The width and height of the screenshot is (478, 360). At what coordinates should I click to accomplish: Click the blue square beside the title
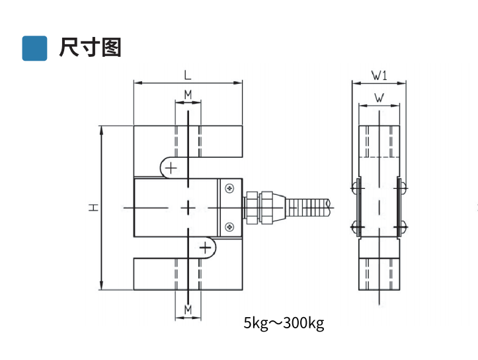pos(34,48)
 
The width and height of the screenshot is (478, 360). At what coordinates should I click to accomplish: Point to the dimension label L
pos(187,75)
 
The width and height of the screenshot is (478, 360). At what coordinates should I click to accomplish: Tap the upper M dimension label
pos(188,94)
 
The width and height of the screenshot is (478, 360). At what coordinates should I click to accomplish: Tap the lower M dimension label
pos(188,308)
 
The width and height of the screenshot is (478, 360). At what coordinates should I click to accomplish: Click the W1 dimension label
pos(379,75)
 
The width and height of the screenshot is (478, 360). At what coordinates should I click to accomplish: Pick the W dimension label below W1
pos(379,98)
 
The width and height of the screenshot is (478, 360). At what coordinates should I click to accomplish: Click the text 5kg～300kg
pos(284,323)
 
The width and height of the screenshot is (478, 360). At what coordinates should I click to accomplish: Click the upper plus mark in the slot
pos(171,167)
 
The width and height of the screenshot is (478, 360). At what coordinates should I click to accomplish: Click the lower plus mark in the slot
pos(206,248)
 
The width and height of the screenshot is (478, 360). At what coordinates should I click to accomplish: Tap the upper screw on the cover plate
pos(229,188)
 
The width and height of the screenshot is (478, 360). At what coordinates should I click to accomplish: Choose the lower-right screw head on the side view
pos(402,228)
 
